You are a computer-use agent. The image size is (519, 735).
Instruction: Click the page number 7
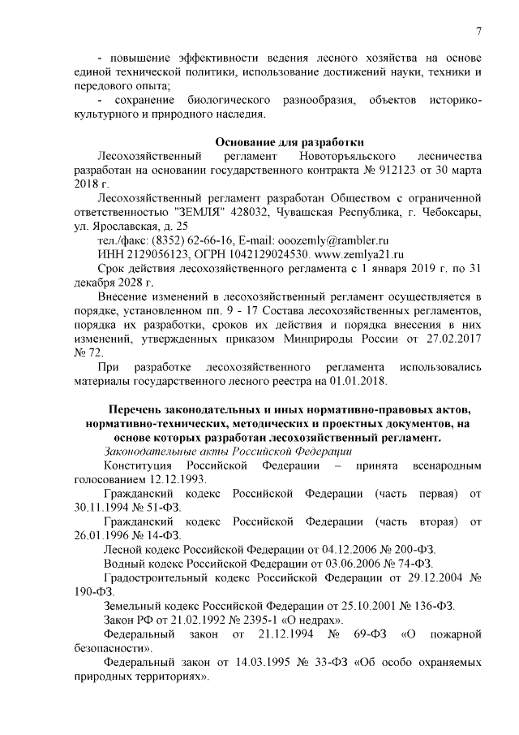(x=479, y=32)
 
